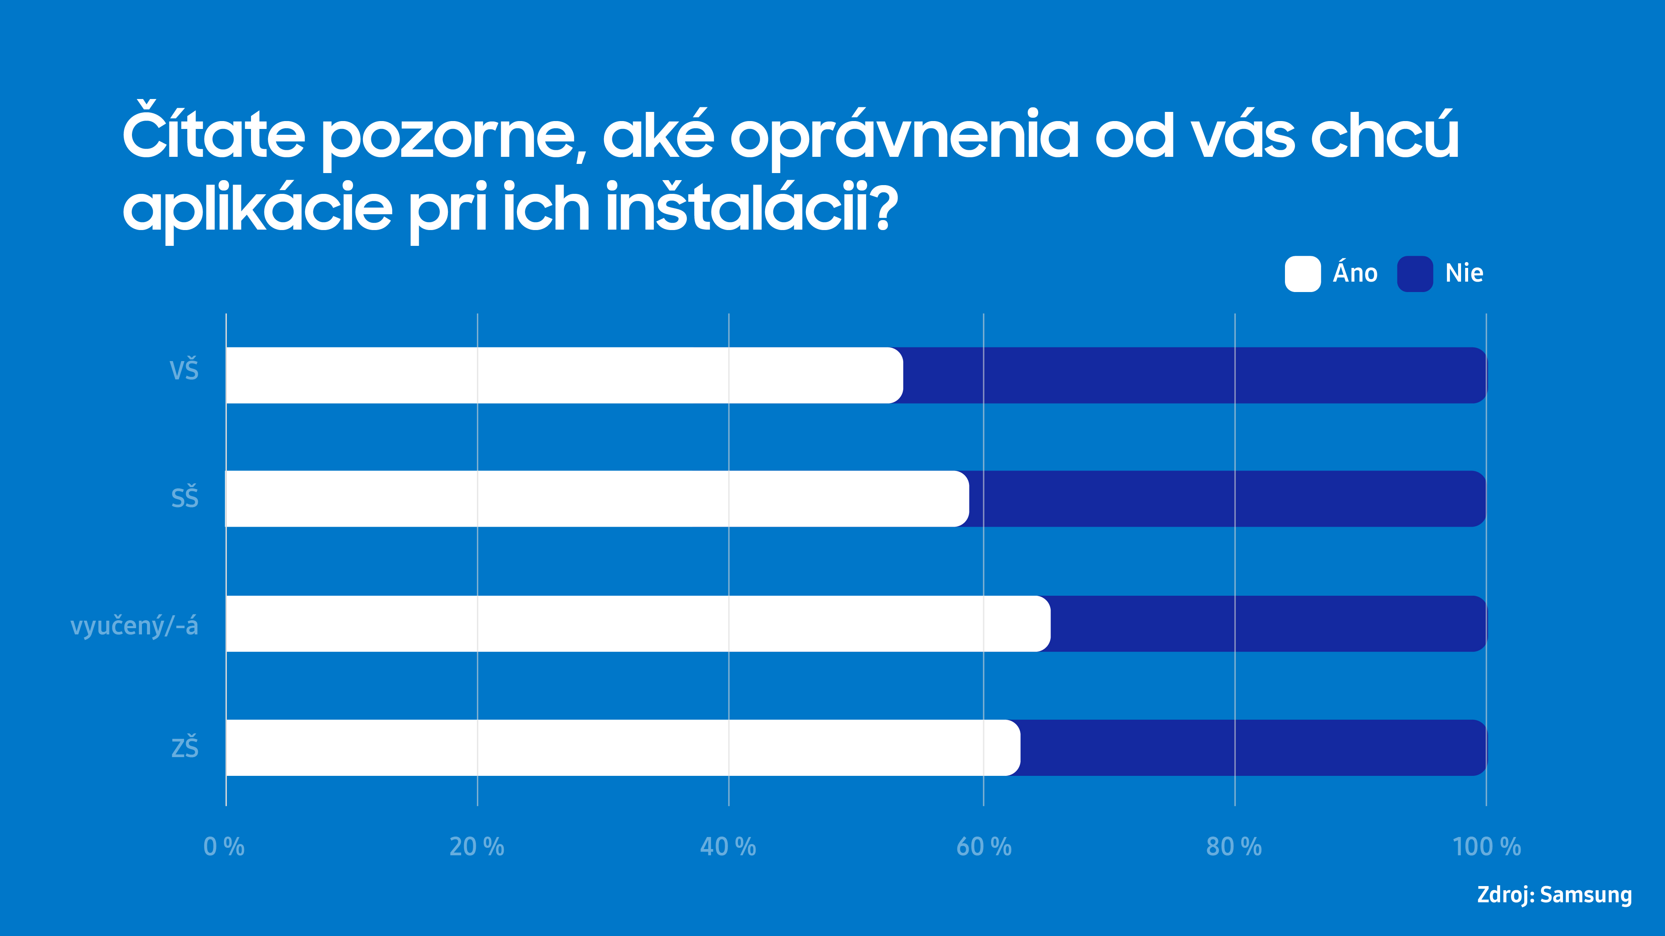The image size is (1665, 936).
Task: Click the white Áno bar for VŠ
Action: click(x=564, y=375)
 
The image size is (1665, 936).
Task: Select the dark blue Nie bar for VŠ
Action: click(x=1195, y=375)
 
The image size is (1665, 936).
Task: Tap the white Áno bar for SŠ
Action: click(x=596, y=499)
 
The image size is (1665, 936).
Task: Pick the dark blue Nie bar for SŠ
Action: click(x=1227, y=499)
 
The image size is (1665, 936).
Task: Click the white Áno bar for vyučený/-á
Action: click(x=637, y=623)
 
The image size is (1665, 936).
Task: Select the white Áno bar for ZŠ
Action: click(x=622, y=748)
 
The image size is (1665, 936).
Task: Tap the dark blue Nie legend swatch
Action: click(x=1415, y=274)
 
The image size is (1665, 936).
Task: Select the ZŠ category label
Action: click(x=185, y=748)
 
